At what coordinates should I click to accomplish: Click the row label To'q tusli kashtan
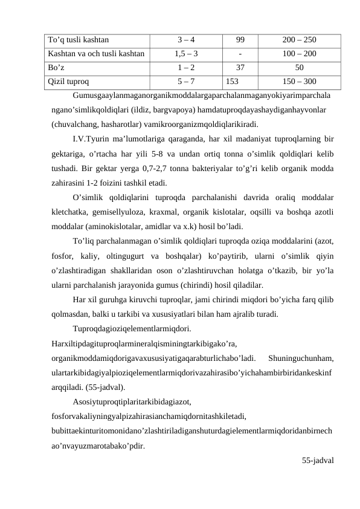coord(78,41)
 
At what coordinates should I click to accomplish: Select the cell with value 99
coord(240,41)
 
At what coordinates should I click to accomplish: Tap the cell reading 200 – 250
coord(299,41)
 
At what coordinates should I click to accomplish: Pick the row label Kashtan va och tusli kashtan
coord(96,54)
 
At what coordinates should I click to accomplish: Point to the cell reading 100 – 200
coord(299,54)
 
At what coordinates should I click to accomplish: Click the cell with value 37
coord(240,66)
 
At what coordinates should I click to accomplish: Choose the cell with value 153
coord(233,79)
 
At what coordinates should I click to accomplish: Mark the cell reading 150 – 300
coord(299,79)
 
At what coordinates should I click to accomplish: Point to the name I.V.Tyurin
coord(94,141)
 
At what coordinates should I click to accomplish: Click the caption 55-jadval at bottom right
coord(318,460)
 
